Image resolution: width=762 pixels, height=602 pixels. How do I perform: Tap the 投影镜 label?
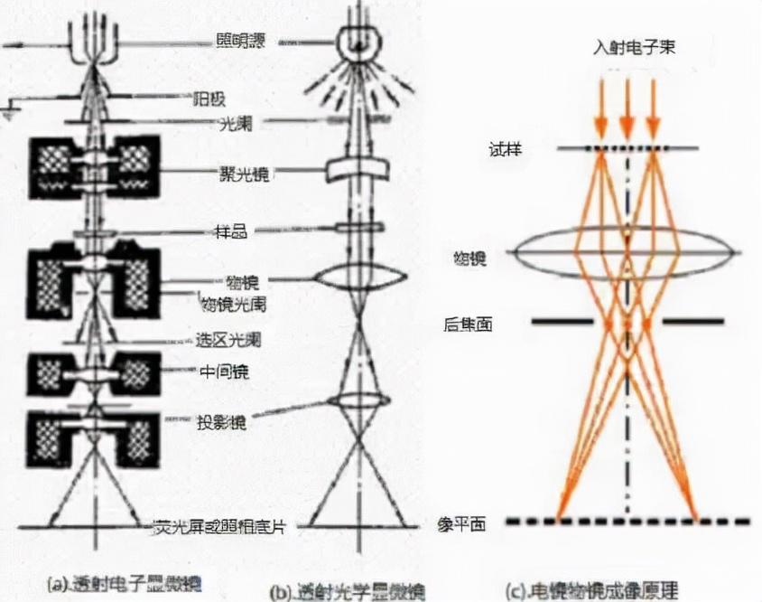(222, 422)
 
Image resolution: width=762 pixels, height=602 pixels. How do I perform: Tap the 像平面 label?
(469, 523)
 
